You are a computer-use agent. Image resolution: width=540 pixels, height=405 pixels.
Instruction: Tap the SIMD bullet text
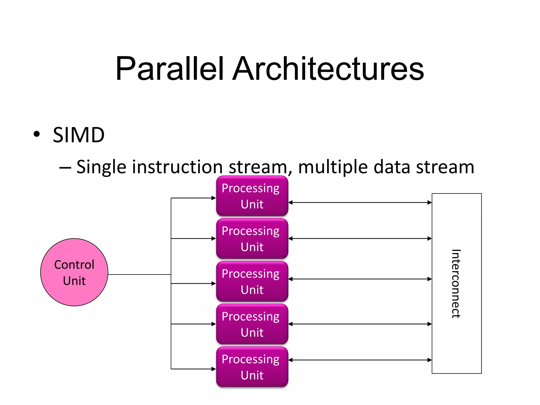pos(79,135)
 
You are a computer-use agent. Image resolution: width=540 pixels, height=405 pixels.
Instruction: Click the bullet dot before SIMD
pos(37,134)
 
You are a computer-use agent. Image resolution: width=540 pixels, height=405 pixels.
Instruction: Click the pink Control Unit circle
pos(74,272)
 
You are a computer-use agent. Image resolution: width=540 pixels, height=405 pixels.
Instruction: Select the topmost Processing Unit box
pos(252,196)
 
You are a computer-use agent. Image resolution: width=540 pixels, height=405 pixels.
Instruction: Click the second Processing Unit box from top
pos(252,239)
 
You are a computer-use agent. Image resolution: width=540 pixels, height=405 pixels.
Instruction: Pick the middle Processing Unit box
pos(252,281)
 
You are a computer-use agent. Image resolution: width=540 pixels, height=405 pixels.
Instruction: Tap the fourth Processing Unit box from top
pos(252,324)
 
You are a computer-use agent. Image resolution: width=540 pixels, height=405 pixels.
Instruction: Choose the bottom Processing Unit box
pos(252,367)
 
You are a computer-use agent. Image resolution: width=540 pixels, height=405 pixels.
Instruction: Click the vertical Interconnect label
pos(456,283)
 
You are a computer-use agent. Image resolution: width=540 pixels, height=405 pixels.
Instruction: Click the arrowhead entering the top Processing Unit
pos(214,198)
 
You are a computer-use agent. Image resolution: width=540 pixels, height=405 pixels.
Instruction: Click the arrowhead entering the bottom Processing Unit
pos(214,369)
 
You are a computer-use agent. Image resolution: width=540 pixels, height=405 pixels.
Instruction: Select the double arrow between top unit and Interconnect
pos(360,202)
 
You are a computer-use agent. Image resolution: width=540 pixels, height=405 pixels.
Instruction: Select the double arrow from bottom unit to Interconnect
pos(360,360)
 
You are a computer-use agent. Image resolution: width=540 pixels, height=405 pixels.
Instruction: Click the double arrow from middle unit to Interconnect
pos(360,279)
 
